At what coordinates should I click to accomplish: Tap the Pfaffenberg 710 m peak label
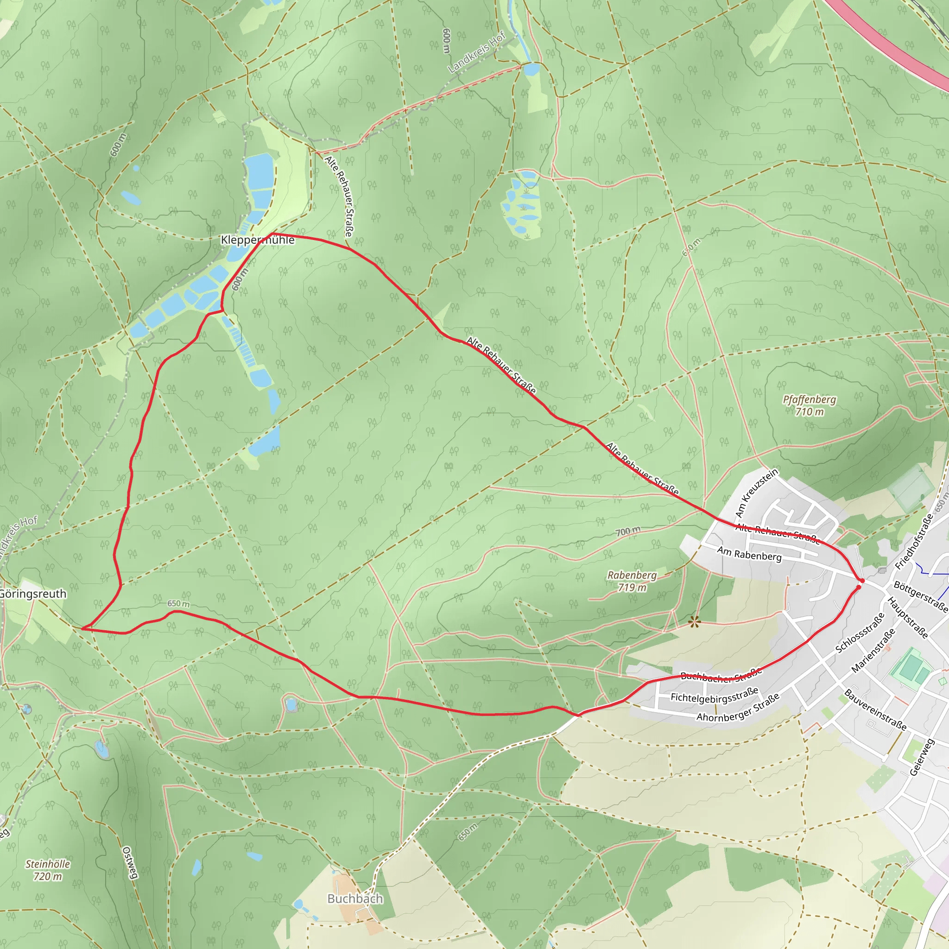[x=810, y=405]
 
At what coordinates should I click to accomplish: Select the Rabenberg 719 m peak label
[x=632, y=581]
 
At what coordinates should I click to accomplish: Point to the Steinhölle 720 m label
[x=48, y=870]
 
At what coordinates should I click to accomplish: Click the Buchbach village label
[x=354, y=898]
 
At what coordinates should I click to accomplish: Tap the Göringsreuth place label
[x=32, y=594]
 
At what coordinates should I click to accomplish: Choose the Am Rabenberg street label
[x=749, y=554]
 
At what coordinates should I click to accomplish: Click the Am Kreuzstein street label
[x=756, y=493]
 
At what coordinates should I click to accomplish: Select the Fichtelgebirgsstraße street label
[x=714, y=696]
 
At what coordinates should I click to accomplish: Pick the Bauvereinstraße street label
[x=875, y=710]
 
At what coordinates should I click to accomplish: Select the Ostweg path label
[x=130, y=862]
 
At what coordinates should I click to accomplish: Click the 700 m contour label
[x=628, y=531]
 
